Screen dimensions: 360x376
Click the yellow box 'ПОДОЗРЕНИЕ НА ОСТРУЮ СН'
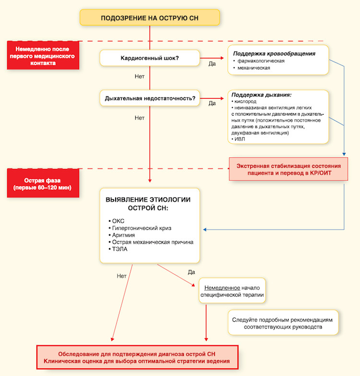[150, 17]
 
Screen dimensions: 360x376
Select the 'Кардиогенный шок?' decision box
[150, 58]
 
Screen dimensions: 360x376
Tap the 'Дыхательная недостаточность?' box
[150, 98]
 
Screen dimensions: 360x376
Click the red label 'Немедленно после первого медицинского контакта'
[43, 56]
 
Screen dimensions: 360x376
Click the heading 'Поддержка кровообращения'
[274, 54]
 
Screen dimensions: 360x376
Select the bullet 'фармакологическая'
[261, 61]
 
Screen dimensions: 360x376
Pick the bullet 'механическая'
[253, 68]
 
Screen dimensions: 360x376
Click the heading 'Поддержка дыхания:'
[261, 95]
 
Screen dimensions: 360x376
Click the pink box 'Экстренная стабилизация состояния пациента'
[288, 169]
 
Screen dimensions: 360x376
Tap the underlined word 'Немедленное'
[222, 288]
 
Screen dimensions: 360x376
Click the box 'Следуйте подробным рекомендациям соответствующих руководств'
[283, 323]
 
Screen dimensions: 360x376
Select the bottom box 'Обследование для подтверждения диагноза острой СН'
[137, 357]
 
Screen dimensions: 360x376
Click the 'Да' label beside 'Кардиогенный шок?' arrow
[212, 64]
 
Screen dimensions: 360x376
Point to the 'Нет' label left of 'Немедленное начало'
[121, 276]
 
